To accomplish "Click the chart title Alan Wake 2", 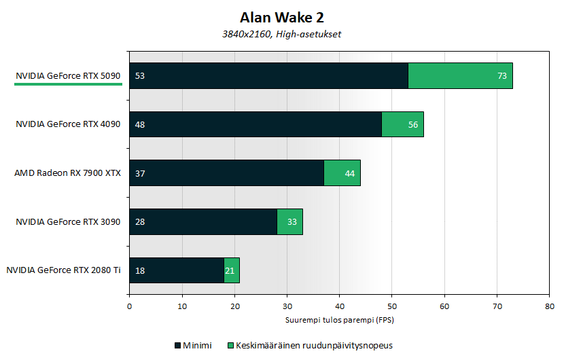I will coord(282,16).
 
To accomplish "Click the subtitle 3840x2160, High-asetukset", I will coord(282,33).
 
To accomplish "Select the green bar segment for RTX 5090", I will coord(460,75).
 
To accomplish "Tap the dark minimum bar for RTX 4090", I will coord(255,124).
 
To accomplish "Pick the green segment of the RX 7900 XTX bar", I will coord(342,173).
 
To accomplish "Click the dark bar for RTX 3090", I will coord(203,221).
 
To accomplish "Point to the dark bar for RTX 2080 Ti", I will coord(177,270).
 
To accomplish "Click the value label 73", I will coord(502,76).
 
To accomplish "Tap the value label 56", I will coord(412,125).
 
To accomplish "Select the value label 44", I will coord(350,173).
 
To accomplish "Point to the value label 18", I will coord(140,270).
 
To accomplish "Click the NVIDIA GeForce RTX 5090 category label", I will coord(68,76).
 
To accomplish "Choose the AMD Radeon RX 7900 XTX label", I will coord(67,173).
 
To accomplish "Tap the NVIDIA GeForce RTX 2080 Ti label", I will coord(63,270).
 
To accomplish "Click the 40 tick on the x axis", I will coord(339,306).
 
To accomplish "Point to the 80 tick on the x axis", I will coord(549,306).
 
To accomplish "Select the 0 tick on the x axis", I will coord(129,306).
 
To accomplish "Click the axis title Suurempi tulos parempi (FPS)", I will coord(339,319).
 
